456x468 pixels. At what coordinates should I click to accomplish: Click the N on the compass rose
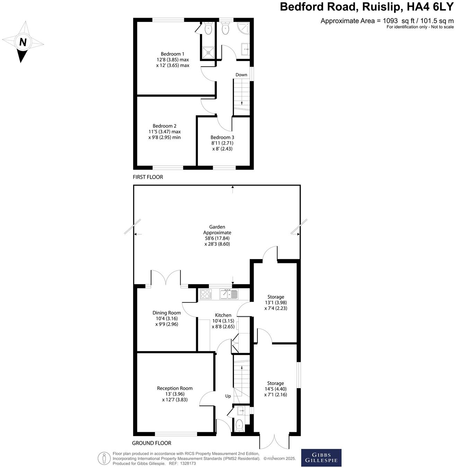[x=23, y=42]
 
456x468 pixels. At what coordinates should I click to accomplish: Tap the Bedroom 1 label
[x=173, y=54]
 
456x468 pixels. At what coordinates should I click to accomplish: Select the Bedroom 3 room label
[x=222, y=137]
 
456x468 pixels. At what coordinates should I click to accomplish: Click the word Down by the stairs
[x=242, y=75]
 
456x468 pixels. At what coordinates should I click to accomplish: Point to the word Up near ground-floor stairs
[x=228, y=396]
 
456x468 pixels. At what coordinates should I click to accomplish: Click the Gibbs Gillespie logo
[x=321, y=458]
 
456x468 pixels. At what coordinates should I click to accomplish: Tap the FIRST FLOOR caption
[x=148, y=177]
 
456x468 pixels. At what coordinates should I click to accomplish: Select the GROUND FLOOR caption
[x=151, y=443]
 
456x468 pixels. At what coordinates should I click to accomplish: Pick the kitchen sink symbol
[x=229, y=295]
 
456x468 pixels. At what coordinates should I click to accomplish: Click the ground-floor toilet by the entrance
[x=239, y=425]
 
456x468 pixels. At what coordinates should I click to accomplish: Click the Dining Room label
[x=167, y=313]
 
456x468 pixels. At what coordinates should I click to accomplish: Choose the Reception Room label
[x=175, y=388]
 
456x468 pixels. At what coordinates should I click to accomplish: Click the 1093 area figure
[x=390, y=21]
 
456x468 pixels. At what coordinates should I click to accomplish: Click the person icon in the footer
[x=104, y=458]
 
